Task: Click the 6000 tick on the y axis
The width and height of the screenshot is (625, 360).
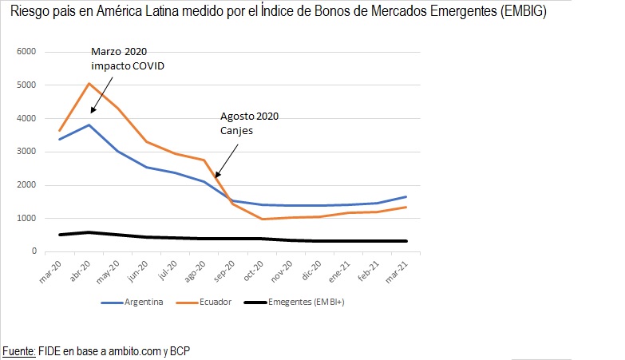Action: [x=26, y=51]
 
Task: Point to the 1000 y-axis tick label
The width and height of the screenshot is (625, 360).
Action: [x=26, y=218]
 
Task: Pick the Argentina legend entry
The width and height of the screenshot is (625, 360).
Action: [x=140, y=303]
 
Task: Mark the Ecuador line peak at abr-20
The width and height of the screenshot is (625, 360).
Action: [x=89, y=83]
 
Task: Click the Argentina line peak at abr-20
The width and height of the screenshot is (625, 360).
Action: [x=89, y=125]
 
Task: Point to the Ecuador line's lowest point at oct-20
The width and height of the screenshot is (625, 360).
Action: [x=263, y=219]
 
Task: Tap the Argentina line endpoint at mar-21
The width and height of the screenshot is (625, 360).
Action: [x=407, y=196]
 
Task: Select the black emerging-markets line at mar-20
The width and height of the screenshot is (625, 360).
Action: [x=60, y=235]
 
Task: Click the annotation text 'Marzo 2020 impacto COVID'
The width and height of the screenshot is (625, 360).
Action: [x=126, y=60]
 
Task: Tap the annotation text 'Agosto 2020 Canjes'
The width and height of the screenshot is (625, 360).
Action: [x=249, y=123]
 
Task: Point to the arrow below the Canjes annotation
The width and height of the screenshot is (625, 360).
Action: [x=224, y=156]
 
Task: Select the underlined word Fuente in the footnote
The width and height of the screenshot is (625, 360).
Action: [x=19, y=350]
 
